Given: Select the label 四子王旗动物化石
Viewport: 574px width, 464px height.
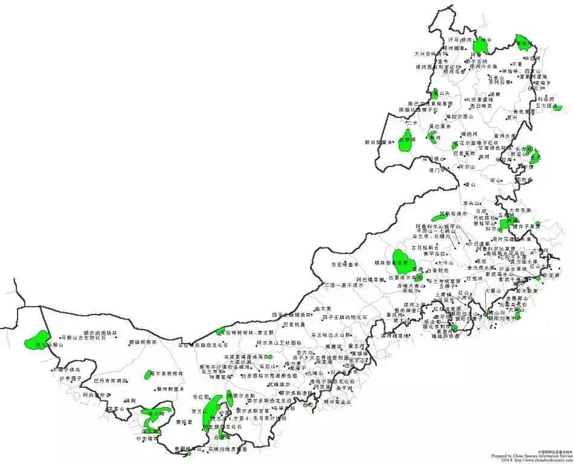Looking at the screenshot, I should click(345, 316).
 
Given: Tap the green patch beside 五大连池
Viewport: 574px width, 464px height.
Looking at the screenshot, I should click(557, 108).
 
